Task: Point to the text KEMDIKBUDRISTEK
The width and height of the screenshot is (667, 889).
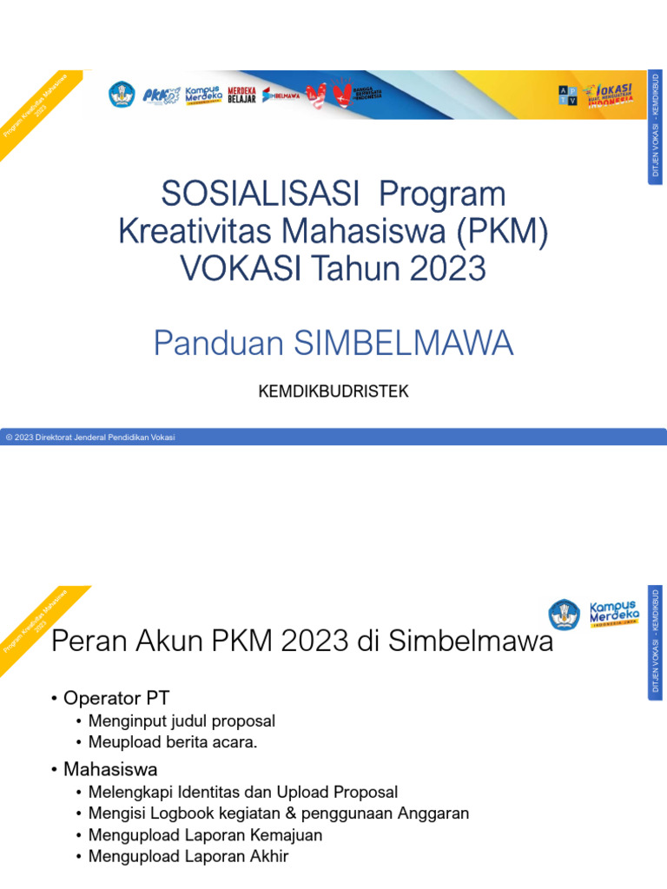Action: pyautogui.click(x=333, y=392)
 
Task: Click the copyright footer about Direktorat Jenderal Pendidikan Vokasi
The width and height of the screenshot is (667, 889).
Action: pyautogui.click(x=90, y=438)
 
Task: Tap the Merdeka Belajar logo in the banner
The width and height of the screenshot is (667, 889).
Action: pyautogui.click(x=241, y=95)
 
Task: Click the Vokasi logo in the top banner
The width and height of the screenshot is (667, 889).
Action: pyautogui.click(x=607, y=95)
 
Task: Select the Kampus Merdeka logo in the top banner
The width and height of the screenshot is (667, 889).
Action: pyautogui.click(x=202, y=95)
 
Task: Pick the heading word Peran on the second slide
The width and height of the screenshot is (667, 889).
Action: pyautogui.click(x=83, y=642)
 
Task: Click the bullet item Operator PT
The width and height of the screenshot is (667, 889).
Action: pyautogui.click(x=116, y=697)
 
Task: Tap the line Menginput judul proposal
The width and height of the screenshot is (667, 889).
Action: pyautogui.click(x=182, y=721)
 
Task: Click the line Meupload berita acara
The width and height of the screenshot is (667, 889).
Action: pyautogui.click(x=174, y=742)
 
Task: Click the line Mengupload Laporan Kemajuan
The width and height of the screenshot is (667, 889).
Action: pyautogui.click(x=205, y=835)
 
